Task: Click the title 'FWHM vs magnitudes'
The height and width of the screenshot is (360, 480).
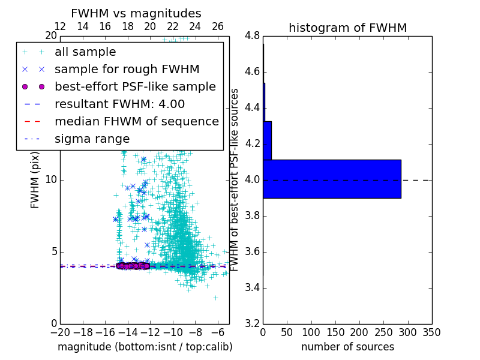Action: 136,13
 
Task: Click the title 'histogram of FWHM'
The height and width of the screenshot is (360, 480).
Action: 347,28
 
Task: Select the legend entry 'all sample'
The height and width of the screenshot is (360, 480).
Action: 85,52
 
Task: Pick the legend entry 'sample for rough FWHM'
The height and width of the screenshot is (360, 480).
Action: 127,70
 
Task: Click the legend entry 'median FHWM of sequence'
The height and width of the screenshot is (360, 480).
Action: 136,121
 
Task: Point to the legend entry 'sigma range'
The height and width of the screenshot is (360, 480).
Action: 92,139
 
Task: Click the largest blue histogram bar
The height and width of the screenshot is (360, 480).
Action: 332,178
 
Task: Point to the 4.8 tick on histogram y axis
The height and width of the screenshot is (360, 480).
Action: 252,36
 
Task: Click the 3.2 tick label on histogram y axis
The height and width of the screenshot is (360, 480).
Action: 252,323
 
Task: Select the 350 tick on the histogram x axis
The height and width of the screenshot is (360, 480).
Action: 431,332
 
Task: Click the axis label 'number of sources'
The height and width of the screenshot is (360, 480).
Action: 347,347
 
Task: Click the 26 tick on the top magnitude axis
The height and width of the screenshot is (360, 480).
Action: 218,26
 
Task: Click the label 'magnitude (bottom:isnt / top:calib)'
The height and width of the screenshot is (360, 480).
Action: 145,347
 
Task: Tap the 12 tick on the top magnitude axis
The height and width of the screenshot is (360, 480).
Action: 60,26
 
